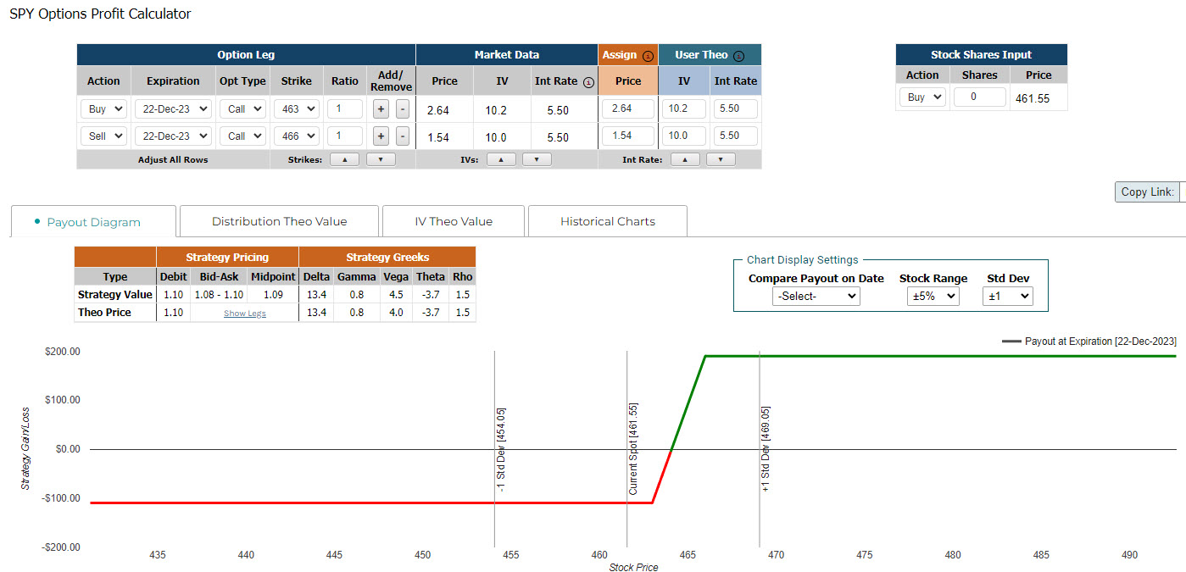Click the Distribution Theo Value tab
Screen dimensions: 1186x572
tap(279, 221)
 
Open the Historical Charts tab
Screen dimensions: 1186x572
tap(607, 221)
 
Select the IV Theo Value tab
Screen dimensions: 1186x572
tap(454, 221)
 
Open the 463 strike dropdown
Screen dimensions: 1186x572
tap(297, 109)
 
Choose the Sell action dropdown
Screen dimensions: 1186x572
tap(103, 136)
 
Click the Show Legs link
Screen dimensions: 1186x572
tap(245, 314)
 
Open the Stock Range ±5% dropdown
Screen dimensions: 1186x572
tap(933, 296)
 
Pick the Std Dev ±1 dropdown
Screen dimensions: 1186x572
tap(1008, 296)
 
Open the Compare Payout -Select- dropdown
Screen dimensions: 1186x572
tap(816, 296)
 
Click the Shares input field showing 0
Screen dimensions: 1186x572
tap(979, 97)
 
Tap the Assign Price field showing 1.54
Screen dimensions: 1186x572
tap(628, 136)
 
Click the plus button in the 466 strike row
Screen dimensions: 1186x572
tap(381, 136)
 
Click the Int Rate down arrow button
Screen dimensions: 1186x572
tap(721, 159)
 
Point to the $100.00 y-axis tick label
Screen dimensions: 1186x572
tap(63, 399)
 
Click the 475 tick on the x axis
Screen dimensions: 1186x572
tap(864, 554)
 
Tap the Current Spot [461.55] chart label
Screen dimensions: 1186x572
tap(632, 449)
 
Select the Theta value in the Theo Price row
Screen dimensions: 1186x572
tap(431, 312)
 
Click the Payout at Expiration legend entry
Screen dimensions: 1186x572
tap(1089, 342)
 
